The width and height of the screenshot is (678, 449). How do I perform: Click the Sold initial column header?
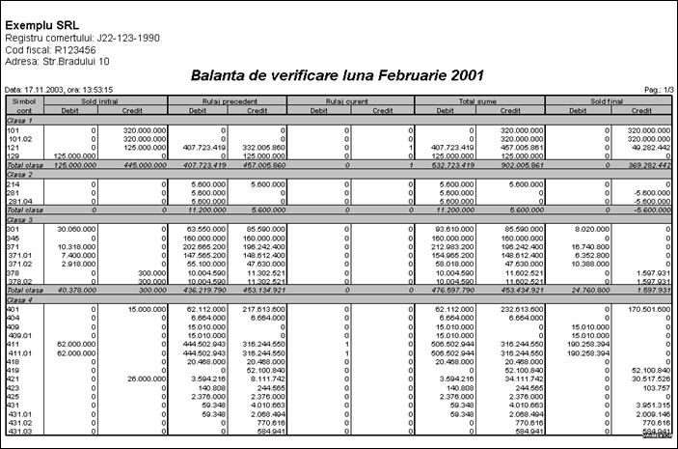click(105, 100)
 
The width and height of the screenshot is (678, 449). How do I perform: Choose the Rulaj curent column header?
click(352, 100)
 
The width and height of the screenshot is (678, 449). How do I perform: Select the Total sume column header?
click(478, 100)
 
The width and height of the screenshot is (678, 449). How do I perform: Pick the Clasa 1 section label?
click(21, 120)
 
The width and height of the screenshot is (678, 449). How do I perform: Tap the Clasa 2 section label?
click(21, 174)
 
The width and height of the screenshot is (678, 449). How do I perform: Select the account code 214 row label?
click(14, 183)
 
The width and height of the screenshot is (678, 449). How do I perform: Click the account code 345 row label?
click(14, 238)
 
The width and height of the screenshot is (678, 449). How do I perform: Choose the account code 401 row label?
click(14, 307)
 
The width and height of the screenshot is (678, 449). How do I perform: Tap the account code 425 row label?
click(14, 395)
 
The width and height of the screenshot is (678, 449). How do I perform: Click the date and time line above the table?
click(59, 89)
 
